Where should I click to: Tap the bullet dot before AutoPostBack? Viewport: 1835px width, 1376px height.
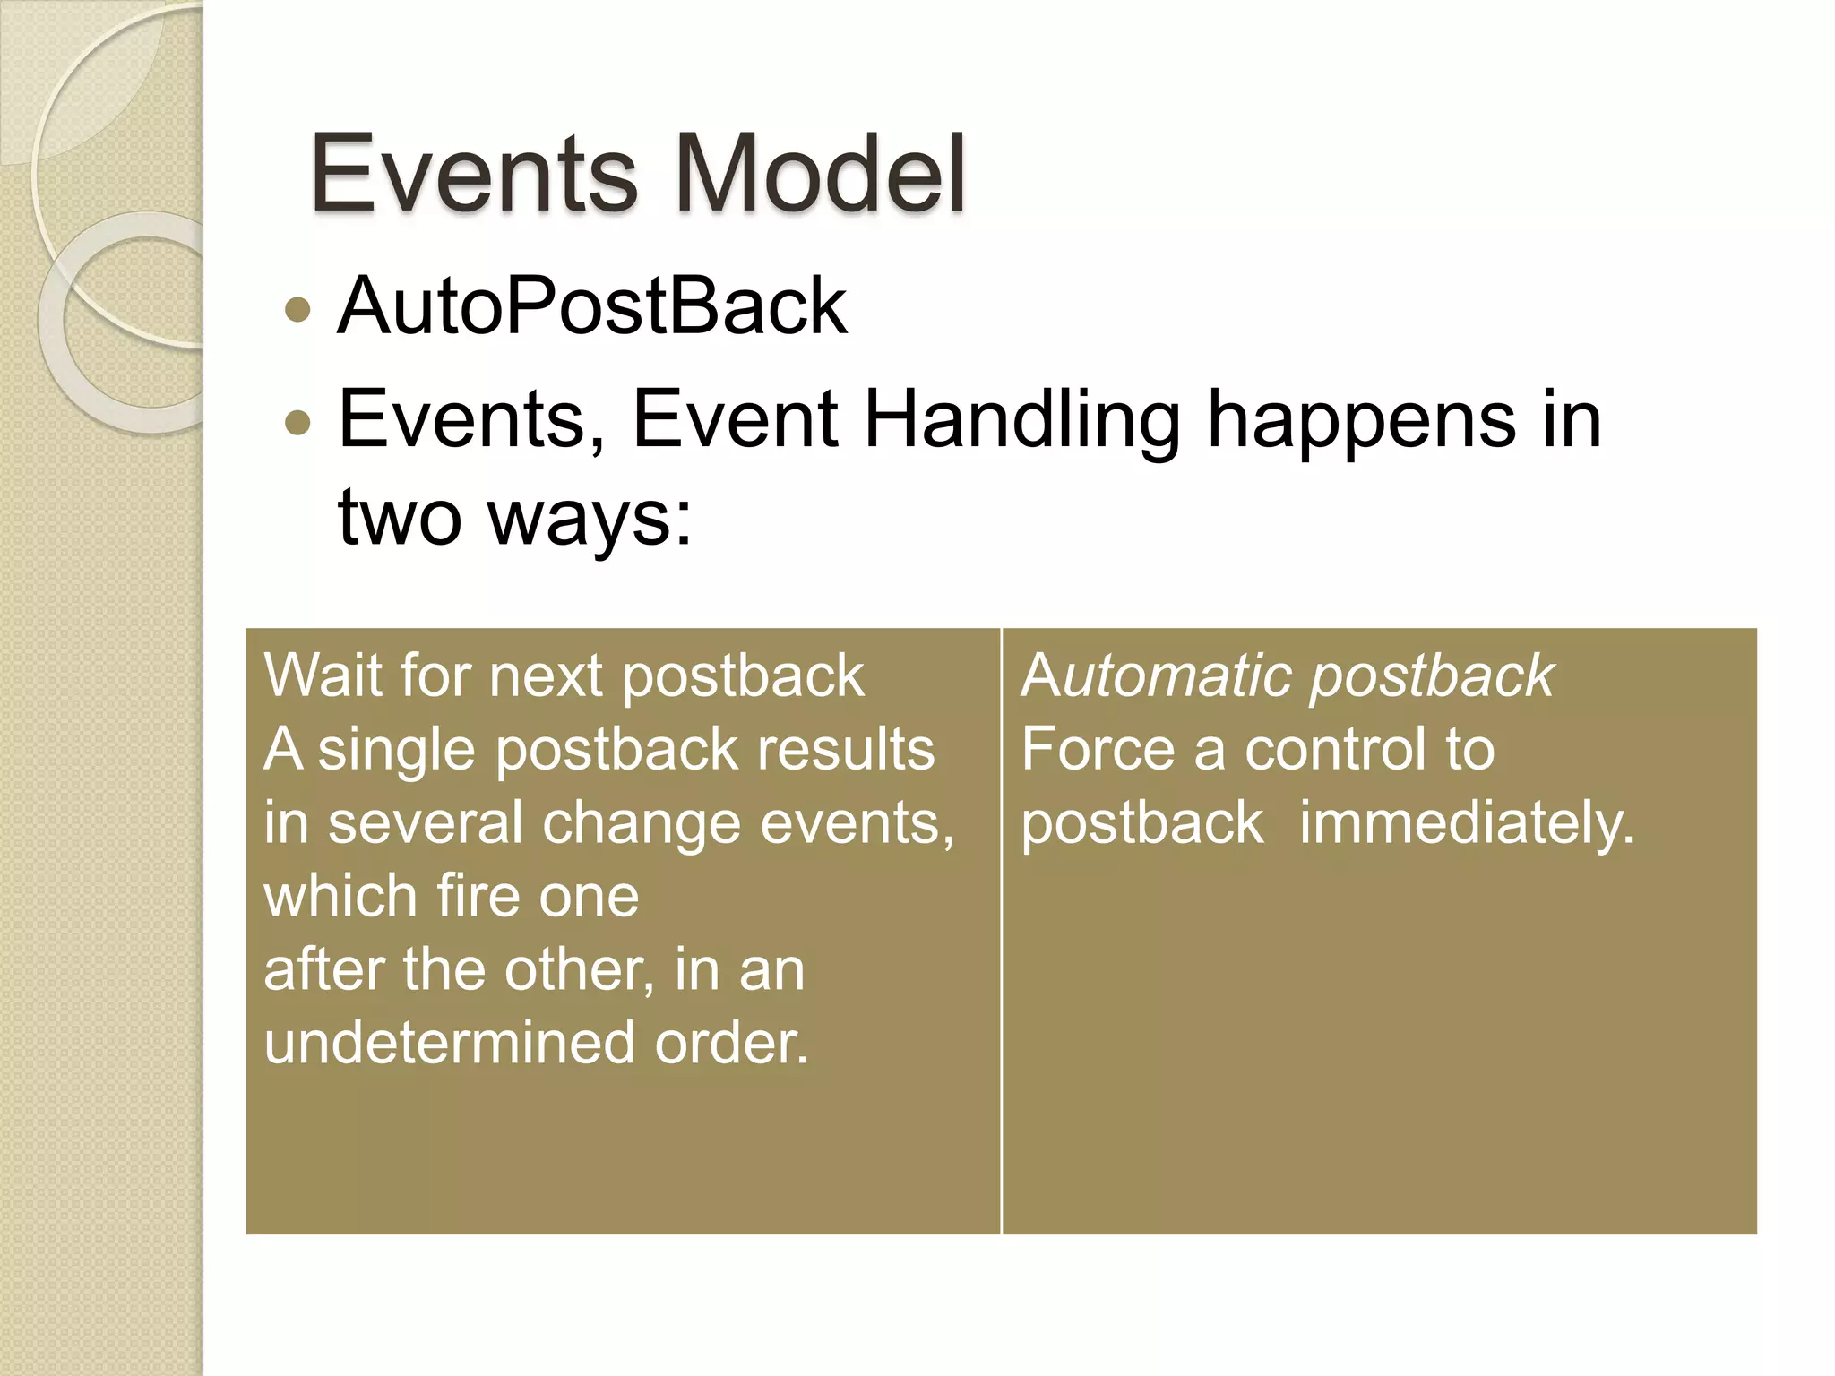pyautogui.click(x=297, y=310)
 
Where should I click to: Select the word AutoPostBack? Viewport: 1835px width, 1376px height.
pyautogui.click(x=592, y=306)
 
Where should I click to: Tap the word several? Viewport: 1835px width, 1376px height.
pyautogui.click(x=426, y=823)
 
